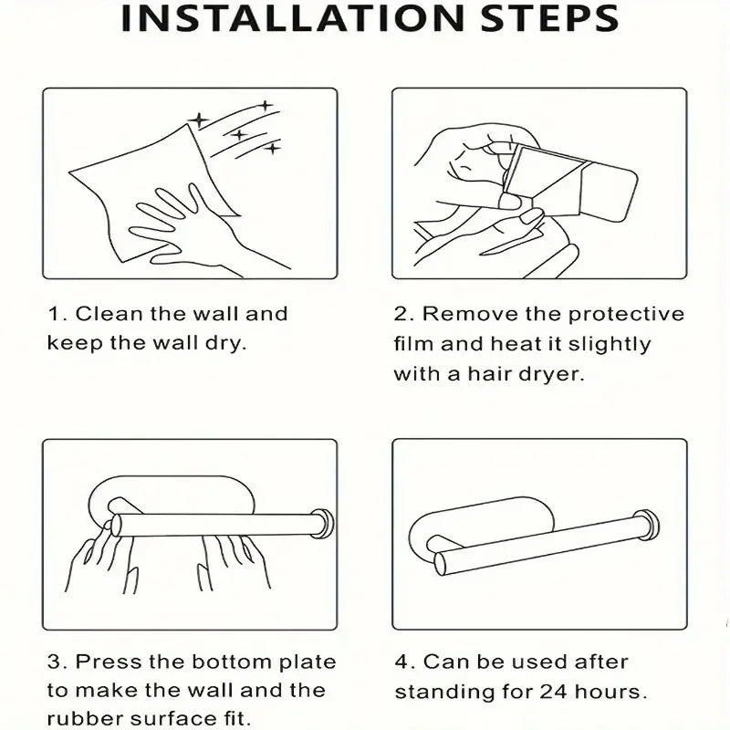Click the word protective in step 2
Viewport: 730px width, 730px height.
[x=626, y=314]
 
